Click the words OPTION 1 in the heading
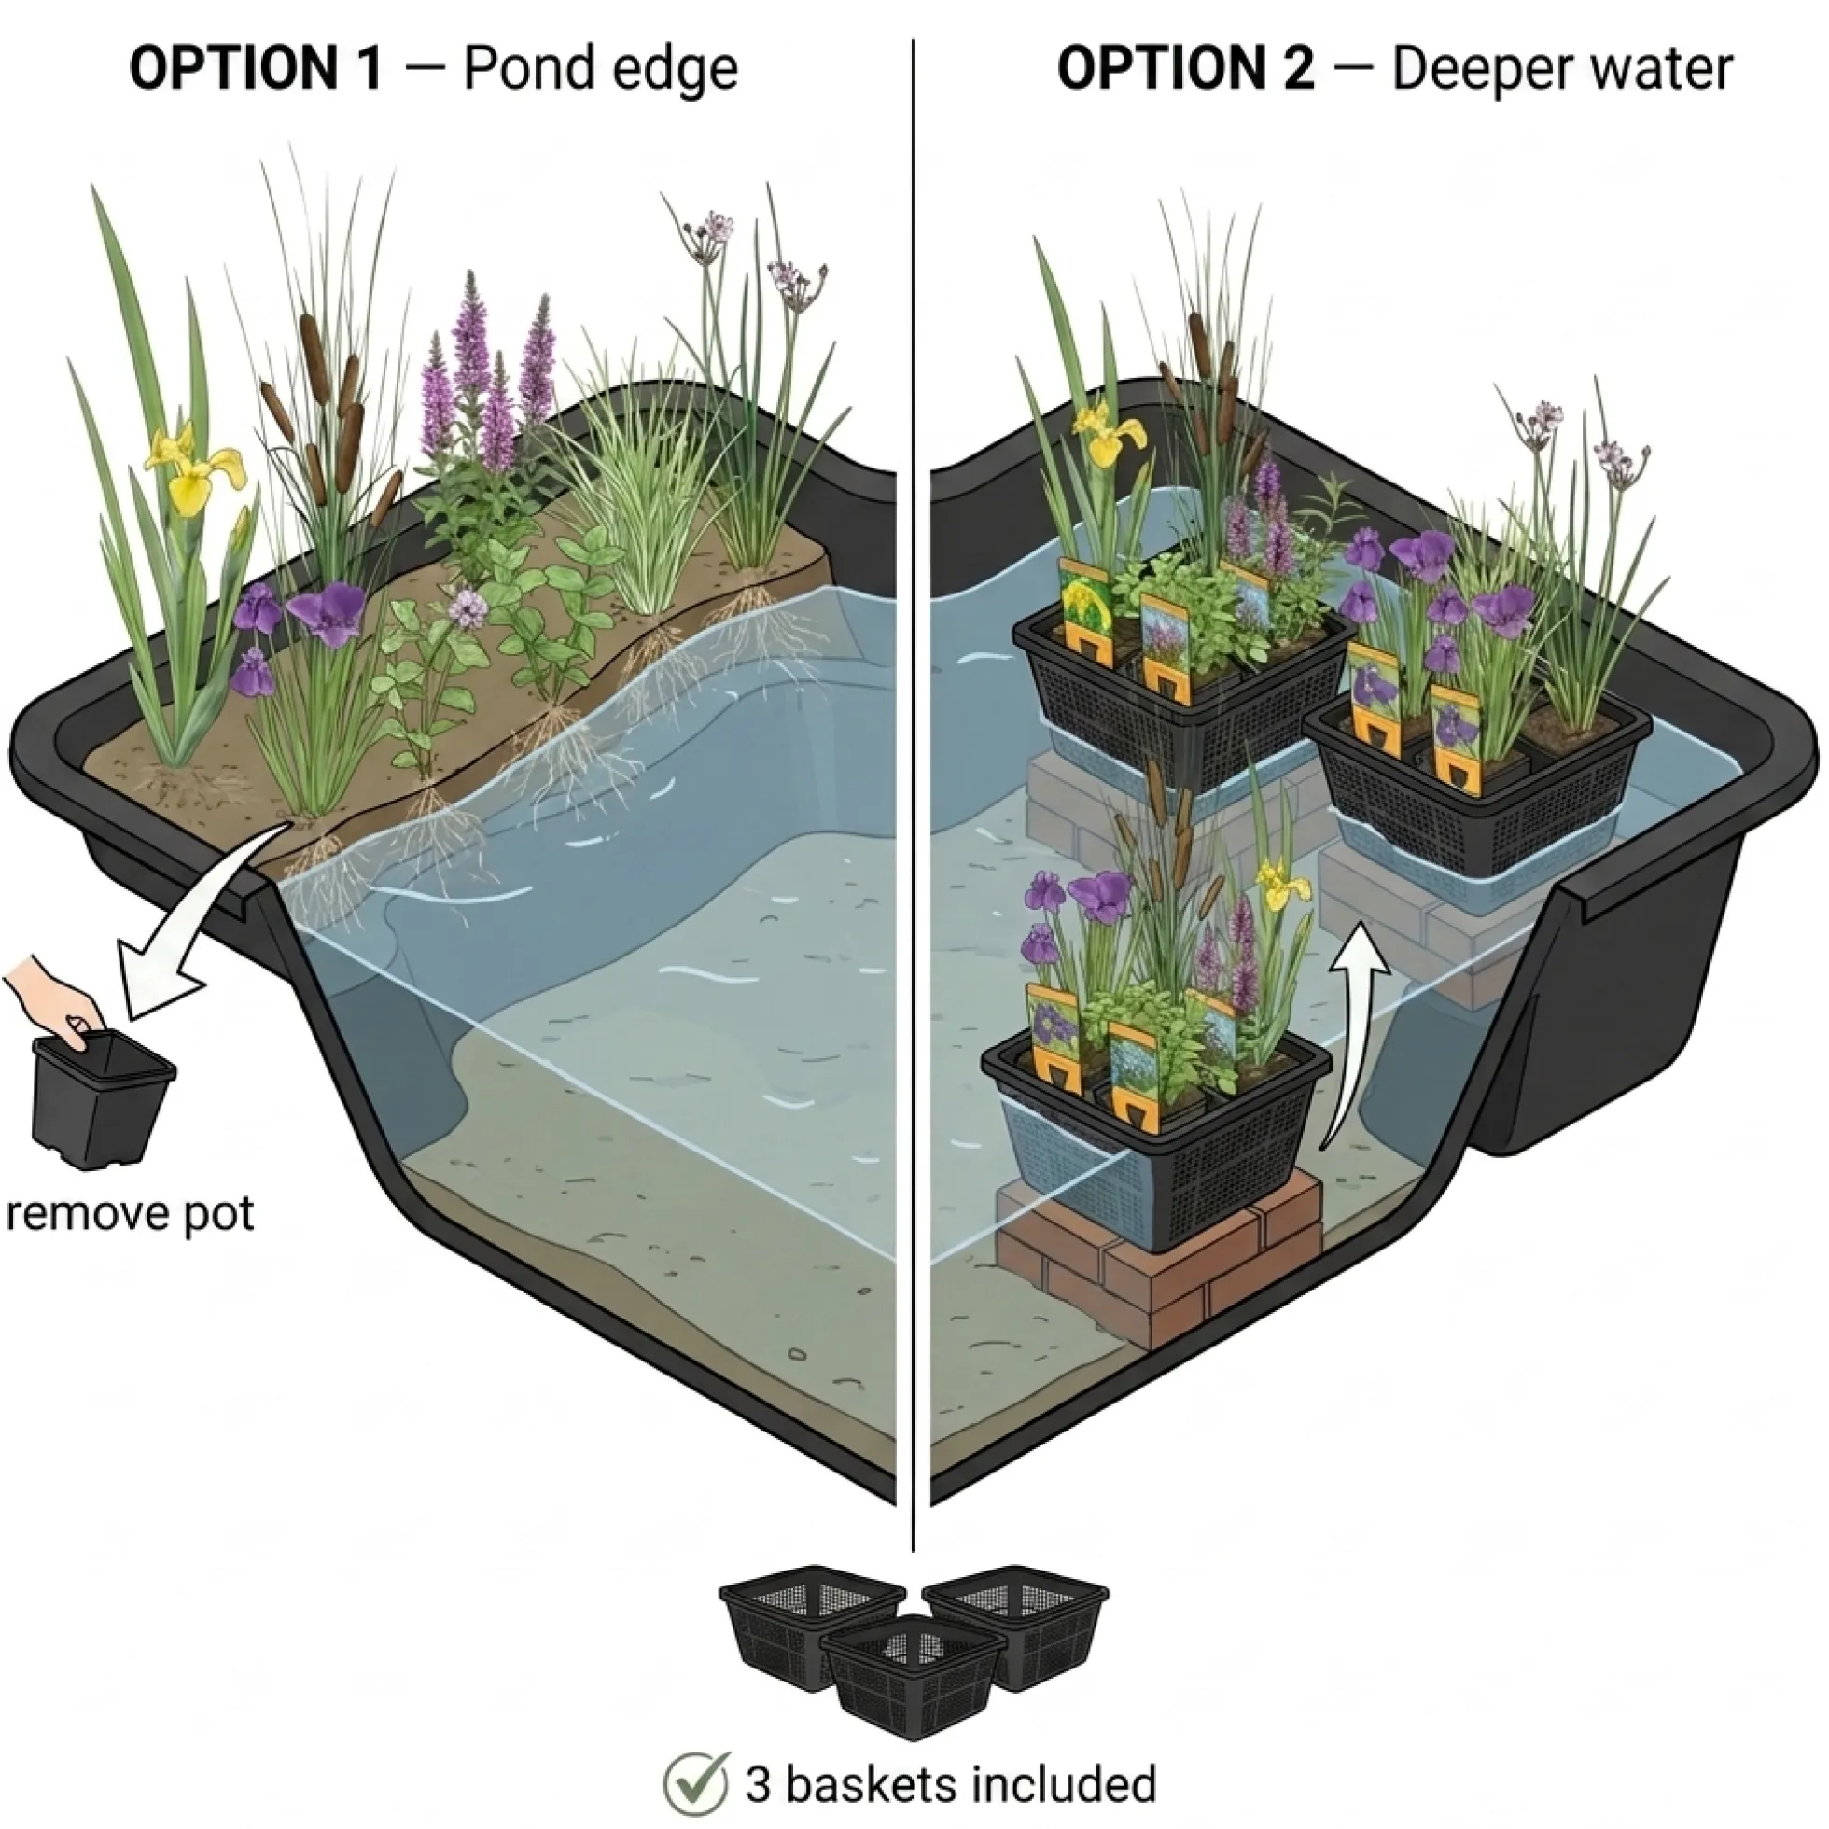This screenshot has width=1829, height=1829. pos(257,69)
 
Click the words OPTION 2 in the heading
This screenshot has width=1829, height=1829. pos(1185,69)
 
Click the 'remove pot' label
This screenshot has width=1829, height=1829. pos(130,1214)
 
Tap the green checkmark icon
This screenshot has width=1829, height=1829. pos(696,1782)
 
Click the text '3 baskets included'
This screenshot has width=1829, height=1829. pos(951,1783)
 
